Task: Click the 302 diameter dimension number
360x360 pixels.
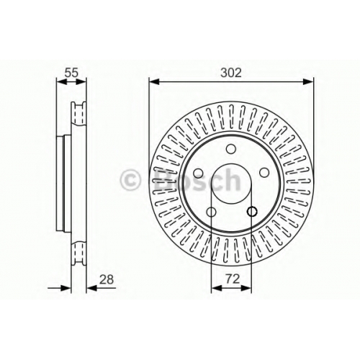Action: [231, 72]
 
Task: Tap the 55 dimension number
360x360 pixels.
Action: [71, 72]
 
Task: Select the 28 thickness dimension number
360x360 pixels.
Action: [107, 279]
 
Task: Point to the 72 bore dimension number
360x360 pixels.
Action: [233, 279]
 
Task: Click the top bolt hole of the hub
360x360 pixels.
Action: [231, 149]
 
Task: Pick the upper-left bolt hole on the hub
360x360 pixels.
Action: [198, 172]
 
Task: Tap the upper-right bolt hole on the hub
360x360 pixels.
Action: [264, 172]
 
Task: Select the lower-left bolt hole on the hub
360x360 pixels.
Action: [211, 212]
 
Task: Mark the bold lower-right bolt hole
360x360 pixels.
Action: [252, 212]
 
